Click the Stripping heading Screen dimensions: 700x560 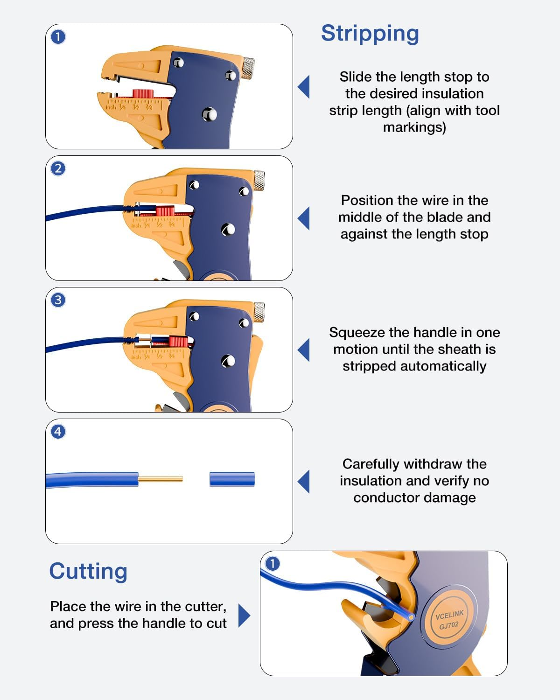(x=370, y=34)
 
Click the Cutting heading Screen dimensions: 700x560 (x=88, y=571)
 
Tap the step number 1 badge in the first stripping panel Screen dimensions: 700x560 (x=58, y=37)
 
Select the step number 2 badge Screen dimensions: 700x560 (x=58, y=168)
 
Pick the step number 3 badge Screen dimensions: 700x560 (x=58, y=300)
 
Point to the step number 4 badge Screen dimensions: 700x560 (x=58, y=432)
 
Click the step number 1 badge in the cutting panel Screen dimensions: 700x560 (x=273, y=564)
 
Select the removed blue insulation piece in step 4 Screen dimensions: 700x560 (x=232, y=479)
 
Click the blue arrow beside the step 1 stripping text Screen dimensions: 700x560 (x=304, y=87)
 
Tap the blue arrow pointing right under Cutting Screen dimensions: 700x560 (x=244, y=616)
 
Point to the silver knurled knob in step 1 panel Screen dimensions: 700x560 (x=248, y=68)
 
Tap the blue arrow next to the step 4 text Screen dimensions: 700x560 (x=304, y=481)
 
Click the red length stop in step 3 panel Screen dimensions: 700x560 (x=178, y=342)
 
